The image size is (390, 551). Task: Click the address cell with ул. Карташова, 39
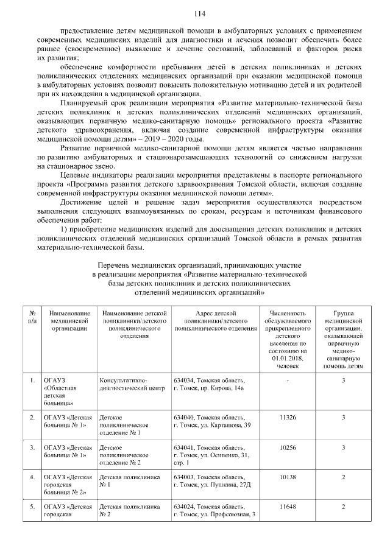pyautogui.click(x=211, y=421)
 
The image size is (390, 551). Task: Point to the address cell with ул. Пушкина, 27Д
pyautogui.click(x=211, y=482)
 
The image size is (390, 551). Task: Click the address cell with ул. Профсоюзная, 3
pyautogui.click(x=213, y=511)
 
